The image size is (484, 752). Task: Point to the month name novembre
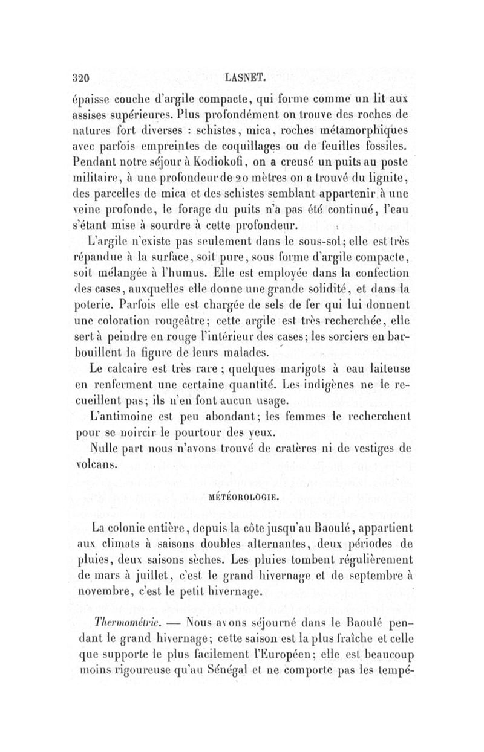tap(110, 590)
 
